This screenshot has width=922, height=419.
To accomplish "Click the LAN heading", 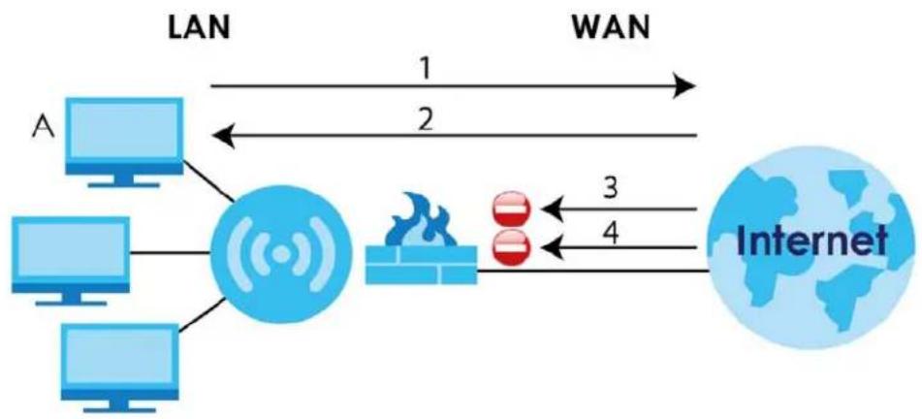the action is (x=199, y=28).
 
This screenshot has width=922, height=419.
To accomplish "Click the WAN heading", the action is (x=611, y=28).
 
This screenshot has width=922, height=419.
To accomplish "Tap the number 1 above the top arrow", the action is (x=425, y=69).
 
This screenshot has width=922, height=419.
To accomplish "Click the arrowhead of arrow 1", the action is (x=684, y=86).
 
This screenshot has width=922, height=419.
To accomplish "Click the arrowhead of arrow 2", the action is (x=224, y=137).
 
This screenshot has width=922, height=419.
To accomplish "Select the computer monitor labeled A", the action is (x=123, y=143).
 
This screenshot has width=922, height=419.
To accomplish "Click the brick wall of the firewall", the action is (x=421, y=265).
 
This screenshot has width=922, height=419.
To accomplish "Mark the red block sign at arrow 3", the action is (x=511, y=209).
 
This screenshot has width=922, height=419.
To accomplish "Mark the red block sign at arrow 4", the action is (x=511, y=248).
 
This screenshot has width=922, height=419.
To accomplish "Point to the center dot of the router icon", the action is (x=282, y=255).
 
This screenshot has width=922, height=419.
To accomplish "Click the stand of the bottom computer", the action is (x=121, y=404).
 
